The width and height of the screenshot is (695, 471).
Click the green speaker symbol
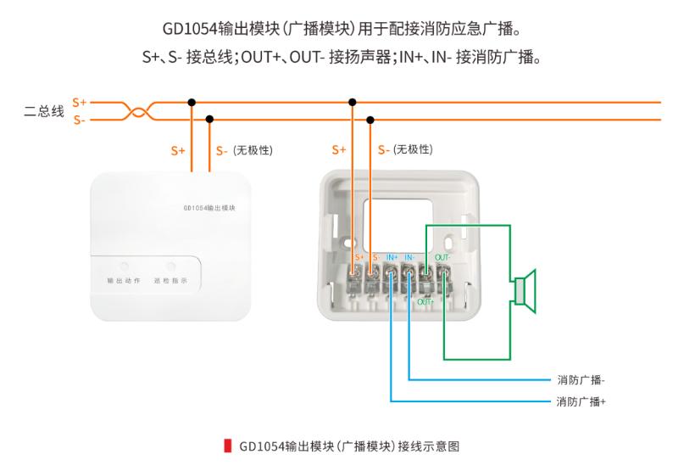click(525, 291)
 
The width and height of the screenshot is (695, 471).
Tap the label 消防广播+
click(581, 401)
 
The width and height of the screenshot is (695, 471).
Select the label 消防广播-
click(581, 380)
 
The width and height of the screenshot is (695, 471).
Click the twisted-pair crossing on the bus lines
click(138, 111)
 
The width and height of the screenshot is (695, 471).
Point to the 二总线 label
click(44, 111)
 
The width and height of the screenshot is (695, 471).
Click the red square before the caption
click(228, 446)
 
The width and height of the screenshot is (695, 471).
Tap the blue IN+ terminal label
click(392, 257)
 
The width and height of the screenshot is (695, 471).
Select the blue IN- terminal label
click(409, 257)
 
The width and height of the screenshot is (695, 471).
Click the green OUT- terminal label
click(442, 257)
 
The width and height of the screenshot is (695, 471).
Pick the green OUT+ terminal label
click(425, 302)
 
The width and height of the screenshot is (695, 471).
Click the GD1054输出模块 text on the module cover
click(209, 208)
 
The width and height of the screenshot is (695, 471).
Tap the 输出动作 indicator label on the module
click(124, 281)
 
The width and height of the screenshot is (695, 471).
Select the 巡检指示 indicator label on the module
click(170, 281)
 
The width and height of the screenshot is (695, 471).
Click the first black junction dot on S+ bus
click(192, 103)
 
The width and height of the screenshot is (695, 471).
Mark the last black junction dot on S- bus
click(370, 120)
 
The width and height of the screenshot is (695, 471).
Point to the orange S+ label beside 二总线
click(80, 103)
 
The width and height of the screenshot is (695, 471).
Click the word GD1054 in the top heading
click(191, 29)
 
